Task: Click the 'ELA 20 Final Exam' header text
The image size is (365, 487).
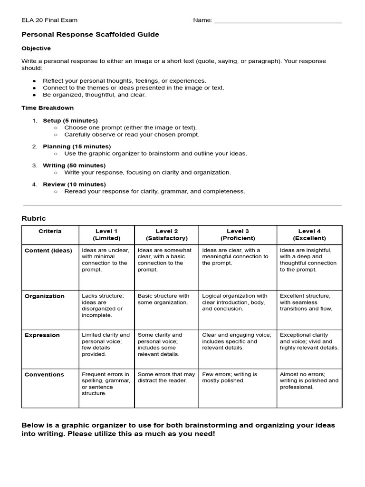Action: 49,20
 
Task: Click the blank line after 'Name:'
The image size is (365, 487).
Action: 278,21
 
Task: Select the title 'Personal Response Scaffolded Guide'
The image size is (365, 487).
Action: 90,35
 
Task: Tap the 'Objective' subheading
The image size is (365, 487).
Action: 36,49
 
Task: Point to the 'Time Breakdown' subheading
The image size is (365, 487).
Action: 48,108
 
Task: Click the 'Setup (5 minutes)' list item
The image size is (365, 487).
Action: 70,121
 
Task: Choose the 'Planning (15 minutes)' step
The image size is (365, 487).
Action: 77,146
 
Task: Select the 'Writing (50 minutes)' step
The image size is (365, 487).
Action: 74,166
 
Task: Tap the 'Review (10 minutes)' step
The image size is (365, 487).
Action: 74,185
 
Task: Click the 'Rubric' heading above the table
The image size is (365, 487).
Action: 34,218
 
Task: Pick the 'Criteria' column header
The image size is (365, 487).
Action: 50,231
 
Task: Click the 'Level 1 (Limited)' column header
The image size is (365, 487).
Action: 106,234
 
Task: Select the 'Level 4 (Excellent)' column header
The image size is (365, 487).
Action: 309,234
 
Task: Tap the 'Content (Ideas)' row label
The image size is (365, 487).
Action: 48,251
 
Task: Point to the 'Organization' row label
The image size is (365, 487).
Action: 44,296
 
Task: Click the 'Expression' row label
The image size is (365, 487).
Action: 42,335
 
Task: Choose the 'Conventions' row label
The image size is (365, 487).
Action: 44,375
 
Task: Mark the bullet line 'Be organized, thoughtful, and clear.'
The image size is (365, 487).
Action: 94,95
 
